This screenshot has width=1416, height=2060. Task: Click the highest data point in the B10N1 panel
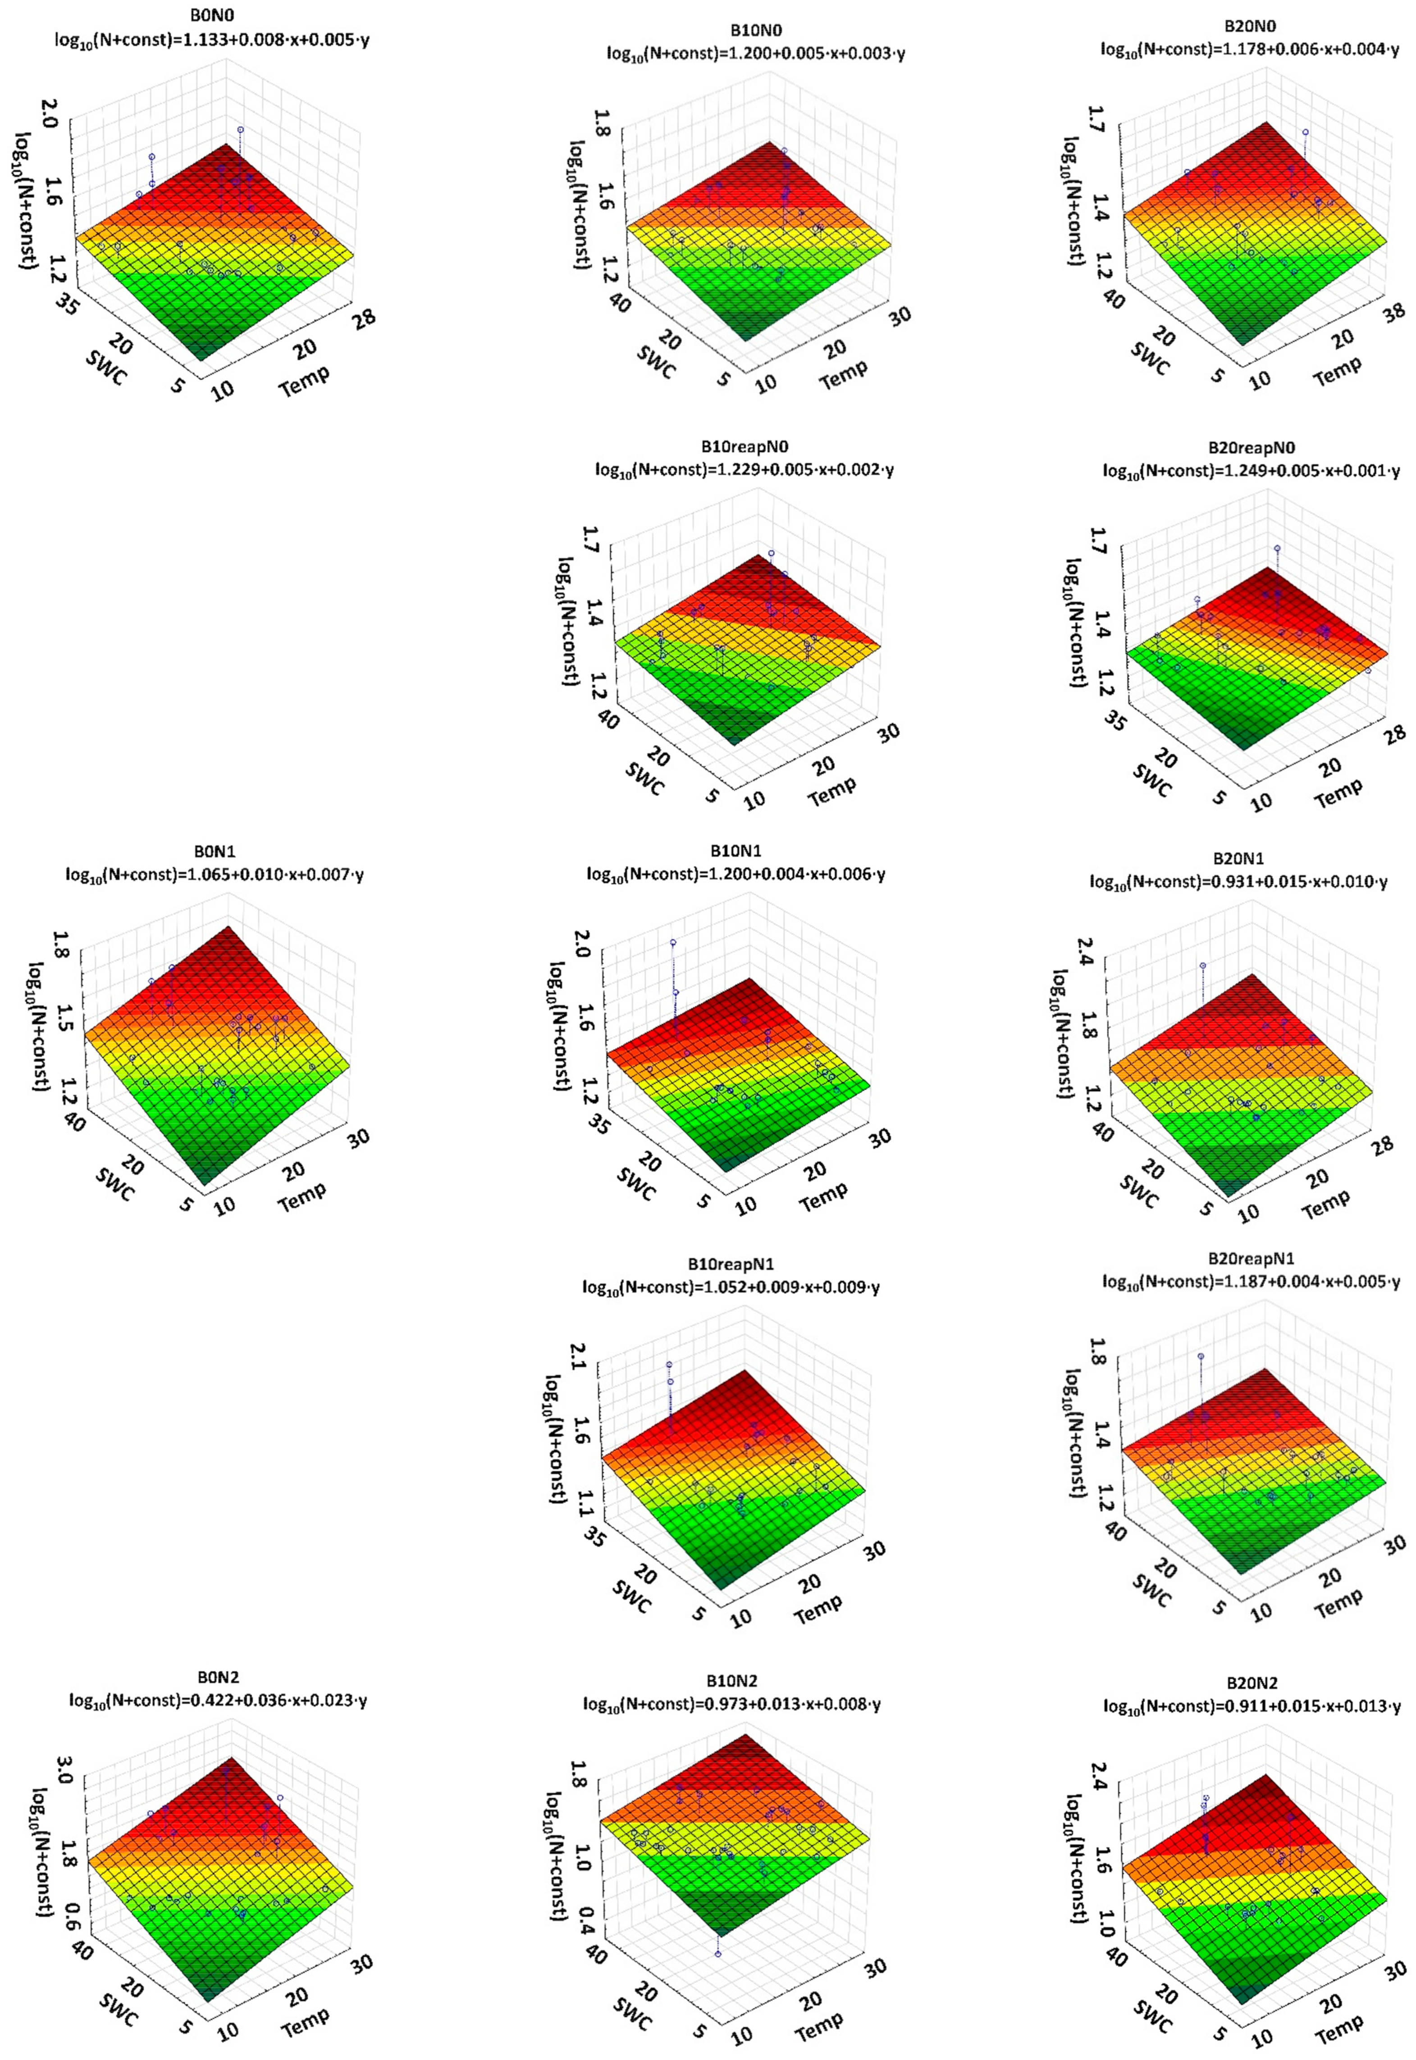coord(673,943)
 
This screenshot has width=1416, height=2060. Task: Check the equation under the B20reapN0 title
coord(1251,471)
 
